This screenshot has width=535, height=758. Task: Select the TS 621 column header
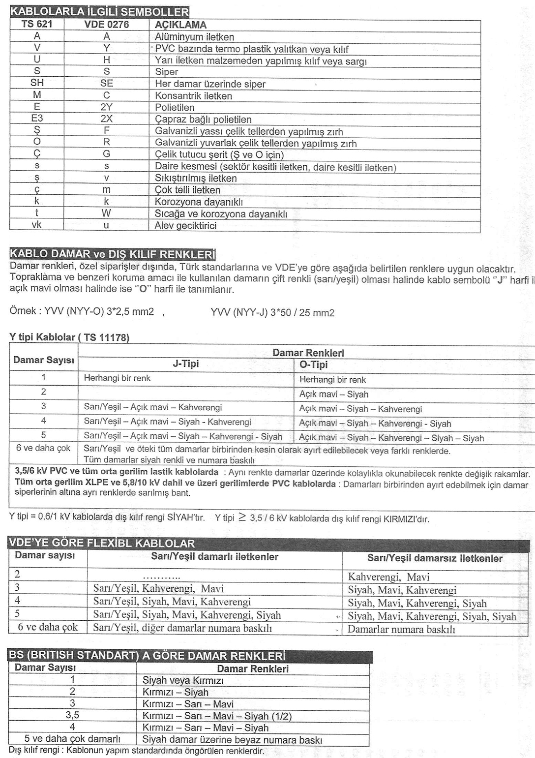click(x=37, y=25)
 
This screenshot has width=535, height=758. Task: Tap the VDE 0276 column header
click(x=106, y=25)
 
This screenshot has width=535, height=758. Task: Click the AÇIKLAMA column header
click(x=180, y=25)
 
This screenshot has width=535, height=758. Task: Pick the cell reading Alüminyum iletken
click(x=194, y=37)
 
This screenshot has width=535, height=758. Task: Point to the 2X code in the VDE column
click(x=106, y=120)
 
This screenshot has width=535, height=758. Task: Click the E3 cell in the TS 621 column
click(x=37, y=119)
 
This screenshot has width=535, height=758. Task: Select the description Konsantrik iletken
click(x=193, y=96)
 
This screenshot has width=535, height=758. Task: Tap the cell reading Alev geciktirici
click(x=185, y=226)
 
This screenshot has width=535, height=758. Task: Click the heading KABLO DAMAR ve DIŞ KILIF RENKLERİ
click(x=113, y=254)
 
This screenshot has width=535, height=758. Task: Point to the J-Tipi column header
click(x=185, y=364)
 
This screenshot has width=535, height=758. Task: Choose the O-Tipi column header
click(x=313, y=365)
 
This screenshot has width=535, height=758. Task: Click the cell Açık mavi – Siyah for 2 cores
click(x=333, y=394)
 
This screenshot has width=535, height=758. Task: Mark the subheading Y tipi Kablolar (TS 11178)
click(x=69, y=337)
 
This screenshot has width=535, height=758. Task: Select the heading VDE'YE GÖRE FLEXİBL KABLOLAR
click(x=102, y=544)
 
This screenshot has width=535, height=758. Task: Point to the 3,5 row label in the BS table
click(x=72, y=715)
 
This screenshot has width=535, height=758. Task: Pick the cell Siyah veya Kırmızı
click(x=183, y=681)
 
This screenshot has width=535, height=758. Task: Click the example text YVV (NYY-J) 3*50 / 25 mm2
click(x=272, y=313)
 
